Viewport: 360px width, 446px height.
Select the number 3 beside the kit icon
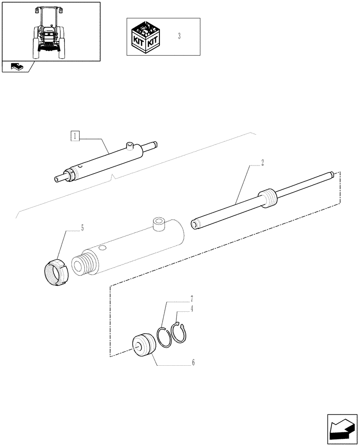pos(179,36)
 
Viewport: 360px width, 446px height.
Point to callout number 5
pos(82,228)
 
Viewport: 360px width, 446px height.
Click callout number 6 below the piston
pos(193,363)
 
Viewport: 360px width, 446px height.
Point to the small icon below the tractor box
pos(16,67)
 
